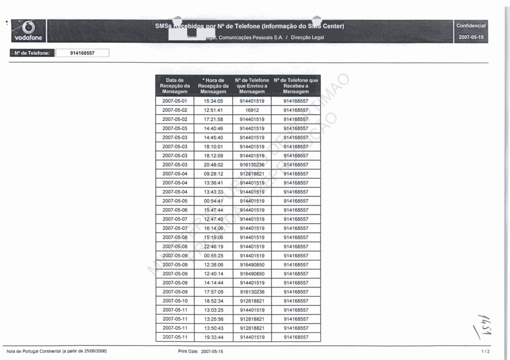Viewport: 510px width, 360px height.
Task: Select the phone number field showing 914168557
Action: [x=83, y=53]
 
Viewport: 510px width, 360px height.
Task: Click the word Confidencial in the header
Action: [x=471, y=26]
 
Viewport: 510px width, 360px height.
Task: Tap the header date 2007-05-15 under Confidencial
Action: [x=471, y=36]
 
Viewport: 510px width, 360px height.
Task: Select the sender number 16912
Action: [x=252, y=110]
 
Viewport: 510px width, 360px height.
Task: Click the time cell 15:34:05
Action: [x=213, y=101]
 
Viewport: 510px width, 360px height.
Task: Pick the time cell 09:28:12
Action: [x=213, y=174]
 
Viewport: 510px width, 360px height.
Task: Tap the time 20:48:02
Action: [x=213, y=165]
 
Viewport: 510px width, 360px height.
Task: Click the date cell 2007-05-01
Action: [x=175, y=101]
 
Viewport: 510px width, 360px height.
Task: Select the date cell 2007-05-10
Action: [x=175, y=301]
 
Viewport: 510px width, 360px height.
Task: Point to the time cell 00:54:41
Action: [x=213, y=201]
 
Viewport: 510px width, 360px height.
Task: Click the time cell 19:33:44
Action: [x=213, y=337]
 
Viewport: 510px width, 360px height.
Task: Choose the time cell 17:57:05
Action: [x=213, y=292]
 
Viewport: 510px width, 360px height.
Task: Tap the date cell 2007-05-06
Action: [x=175, y=210]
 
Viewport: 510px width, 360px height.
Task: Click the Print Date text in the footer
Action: [x=200, y=352]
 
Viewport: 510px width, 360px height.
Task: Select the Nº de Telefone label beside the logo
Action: [x=32, y=53]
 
